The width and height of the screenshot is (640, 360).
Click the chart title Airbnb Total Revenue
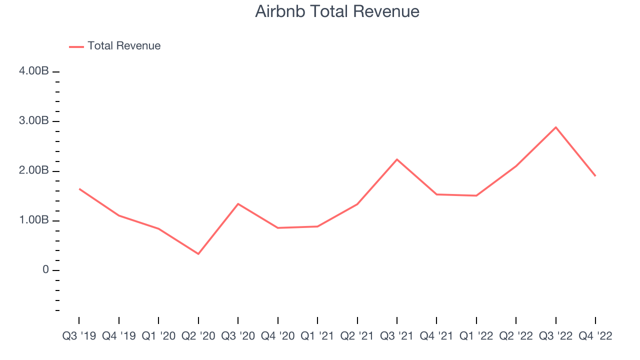(x=337, y=11)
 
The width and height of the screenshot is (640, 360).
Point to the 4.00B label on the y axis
(x=34, y=71)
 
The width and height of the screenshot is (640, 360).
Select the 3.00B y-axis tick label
(x=34, y=120)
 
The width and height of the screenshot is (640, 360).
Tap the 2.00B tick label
(x=34, y=170)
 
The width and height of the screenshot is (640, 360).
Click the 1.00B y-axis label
(x=34, y=220)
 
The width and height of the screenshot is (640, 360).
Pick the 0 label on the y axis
(x=45, y=269)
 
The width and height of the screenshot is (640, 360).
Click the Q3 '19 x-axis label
(x=79, y=336)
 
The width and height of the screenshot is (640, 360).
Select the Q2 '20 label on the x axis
(x=198, y=336)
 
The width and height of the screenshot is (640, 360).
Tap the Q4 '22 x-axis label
(x=595, y=336)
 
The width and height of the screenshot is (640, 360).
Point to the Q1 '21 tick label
(x=317, y=336)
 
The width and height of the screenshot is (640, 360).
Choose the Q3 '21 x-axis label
(x=397, y=336)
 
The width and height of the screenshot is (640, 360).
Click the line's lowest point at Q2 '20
(x=198, y=253)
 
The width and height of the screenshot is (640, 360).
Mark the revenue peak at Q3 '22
(x=555, y=127)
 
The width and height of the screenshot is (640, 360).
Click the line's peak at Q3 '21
(x=397, y=159)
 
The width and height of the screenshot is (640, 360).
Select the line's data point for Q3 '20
(x=238, y=203)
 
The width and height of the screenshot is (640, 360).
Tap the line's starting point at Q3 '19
(x=79, y=189)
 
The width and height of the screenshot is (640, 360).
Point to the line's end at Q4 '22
(x=595, y=176)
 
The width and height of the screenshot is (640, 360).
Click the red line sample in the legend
(x=76, y=47)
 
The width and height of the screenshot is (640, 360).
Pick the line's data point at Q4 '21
(x=436, y=194)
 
